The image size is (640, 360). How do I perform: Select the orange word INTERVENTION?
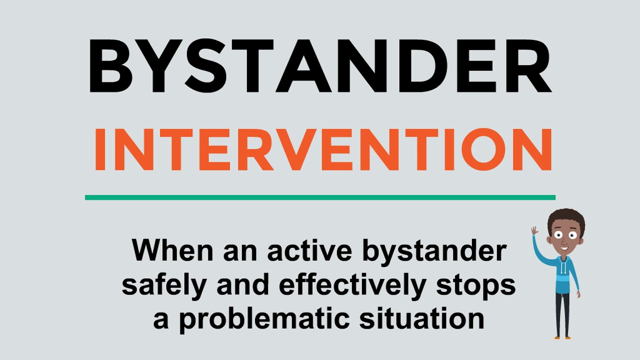coord(323,149)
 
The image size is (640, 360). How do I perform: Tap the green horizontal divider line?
coord(320,197)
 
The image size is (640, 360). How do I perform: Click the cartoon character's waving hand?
coord(534,231)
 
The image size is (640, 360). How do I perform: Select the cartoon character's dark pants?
coord(563,312)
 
